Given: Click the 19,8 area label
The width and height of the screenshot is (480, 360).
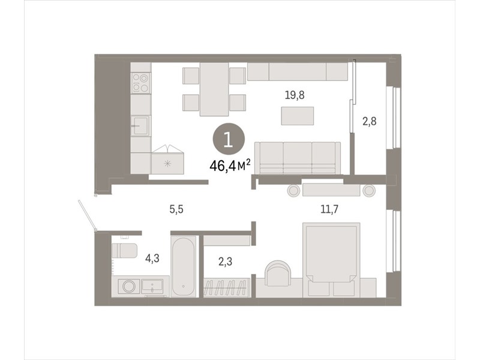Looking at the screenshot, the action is click(295, 95).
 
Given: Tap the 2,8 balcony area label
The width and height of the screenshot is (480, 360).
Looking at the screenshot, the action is click(370, 122).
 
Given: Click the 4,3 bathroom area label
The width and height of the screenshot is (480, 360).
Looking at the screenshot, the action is click(152, 259).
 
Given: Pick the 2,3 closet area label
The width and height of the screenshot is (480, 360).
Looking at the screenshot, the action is click(225, 262).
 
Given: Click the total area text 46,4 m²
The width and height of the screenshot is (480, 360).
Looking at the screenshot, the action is click(230, 166).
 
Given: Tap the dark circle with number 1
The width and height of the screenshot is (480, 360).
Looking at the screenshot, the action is click(229, 139).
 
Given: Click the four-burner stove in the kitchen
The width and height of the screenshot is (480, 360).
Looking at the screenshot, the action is click(140, 83).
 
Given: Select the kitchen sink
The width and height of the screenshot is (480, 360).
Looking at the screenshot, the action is click(140, 125).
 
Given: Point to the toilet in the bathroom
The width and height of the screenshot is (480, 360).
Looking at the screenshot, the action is click(124, 250).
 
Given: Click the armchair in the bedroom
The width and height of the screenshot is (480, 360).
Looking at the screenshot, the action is click(277, 273).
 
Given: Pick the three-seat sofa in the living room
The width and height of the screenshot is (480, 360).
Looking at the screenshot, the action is click(298, 158).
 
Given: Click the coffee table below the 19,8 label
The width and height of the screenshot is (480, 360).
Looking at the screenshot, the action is click(298, 116).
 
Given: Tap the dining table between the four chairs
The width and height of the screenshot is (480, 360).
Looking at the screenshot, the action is click(214, 89).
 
